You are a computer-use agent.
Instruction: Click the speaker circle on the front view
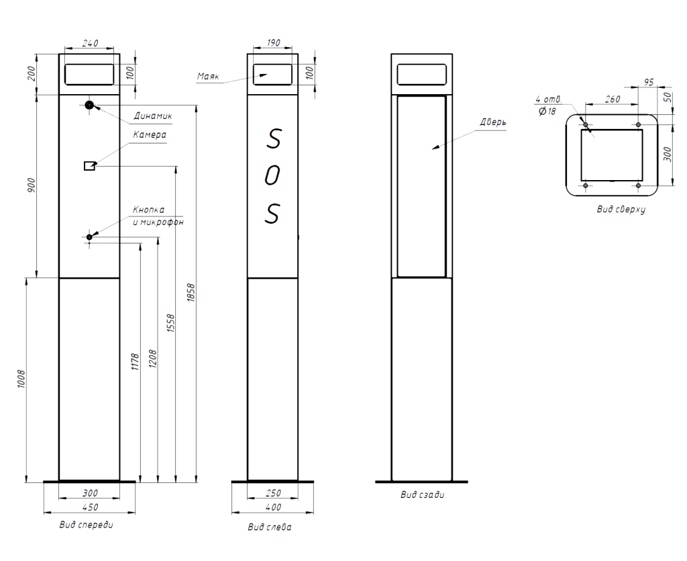[x=89, y=105]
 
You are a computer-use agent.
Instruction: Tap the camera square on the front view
[x=89, y=166]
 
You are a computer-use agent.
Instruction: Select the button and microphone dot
[x=89, y=237]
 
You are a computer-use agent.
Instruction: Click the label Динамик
[x=153, y=116]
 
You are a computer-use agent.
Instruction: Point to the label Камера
[x=150, y=134]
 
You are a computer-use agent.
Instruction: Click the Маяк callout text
[x=208, y=77]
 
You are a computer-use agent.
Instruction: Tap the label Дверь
[x=493, y=122]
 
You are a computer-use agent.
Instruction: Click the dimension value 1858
[x=191, y=292]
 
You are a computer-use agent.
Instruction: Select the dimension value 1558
[x=171, y=323]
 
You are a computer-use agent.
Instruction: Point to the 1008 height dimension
[x=21, y=379]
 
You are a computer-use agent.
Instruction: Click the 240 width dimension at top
[x=91, y=43]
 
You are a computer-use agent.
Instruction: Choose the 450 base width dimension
[x=91, y=507]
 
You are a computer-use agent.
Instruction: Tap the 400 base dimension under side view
[x=273, y=507]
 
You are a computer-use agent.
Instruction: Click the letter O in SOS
[x=272, y=176]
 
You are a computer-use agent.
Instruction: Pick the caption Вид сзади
[x=423, y=494]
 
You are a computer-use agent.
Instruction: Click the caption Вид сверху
[x=621, y=209]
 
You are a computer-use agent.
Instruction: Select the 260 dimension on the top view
[x=613, y=99]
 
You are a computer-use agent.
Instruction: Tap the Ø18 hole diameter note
[x=547, y=112]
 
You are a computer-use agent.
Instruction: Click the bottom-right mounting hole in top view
[x=639, y=185]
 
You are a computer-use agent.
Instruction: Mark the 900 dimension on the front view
[x=32, y=186]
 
